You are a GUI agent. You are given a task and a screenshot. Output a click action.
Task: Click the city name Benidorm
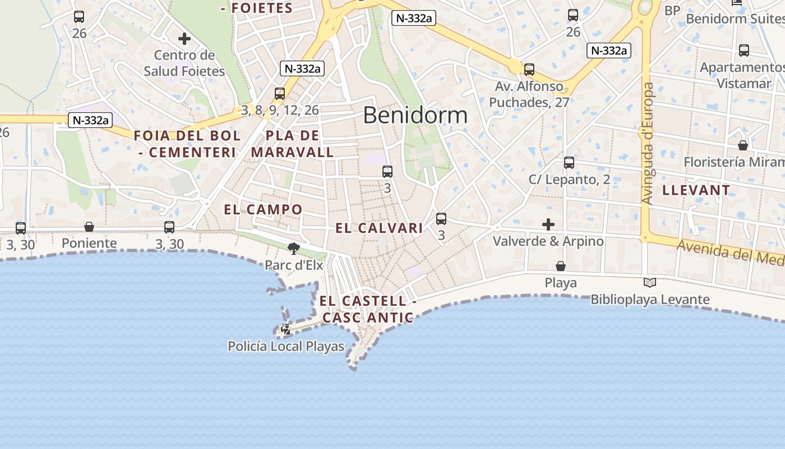(x=415, y=115)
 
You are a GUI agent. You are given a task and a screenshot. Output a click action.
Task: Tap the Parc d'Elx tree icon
(x=293, y=248)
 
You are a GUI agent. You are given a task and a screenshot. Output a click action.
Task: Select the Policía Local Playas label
(x=286, y=346)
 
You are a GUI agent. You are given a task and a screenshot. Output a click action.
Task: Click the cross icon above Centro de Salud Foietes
(x=184, y=39)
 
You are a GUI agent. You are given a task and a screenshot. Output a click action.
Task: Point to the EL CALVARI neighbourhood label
(x=379, y=228)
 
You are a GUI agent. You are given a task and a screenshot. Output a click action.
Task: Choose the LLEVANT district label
(x=696, y=190)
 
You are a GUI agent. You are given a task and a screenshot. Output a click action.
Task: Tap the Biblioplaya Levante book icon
(x=650, y=282)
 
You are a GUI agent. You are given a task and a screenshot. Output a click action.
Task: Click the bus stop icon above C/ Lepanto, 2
(x=569, y=163)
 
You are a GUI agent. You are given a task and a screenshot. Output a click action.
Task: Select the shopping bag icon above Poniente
(x=89, y=227)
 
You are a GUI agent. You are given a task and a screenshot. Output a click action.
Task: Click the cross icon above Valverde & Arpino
(x=548, y=224)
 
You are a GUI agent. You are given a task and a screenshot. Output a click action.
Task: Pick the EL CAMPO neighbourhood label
(x=263, y=210)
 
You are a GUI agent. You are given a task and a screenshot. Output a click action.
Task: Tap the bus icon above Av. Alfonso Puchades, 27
(x=529, y=70)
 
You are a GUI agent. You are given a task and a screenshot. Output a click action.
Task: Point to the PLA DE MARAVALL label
(x=292, y=144)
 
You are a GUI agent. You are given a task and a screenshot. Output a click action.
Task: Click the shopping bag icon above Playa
(x=561, y=265)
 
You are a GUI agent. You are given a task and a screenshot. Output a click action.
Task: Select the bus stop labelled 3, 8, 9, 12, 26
(x=280, y=94)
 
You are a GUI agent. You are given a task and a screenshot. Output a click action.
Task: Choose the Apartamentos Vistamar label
(x=742, y=75)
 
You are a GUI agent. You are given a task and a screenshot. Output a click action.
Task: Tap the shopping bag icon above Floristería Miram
(x=743, y=145)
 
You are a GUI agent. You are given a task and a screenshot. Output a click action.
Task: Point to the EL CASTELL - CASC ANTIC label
(x=368, y=309)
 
